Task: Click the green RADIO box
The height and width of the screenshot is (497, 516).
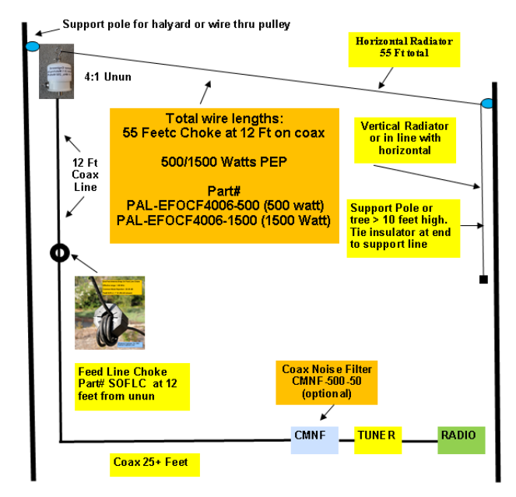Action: click(x=461, y=440)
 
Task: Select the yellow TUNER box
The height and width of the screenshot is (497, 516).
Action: click(x=378, y=440)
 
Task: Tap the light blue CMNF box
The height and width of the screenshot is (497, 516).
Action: click(x=314, y=440)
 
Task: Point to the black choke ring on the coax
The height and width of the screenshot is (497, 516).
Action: click(x=60, y=253)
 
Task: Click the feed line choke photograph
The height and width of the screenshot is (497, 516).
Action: click(x=109, y=312)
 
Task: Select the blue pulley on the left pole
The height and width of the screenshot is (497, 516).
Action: click(x=32, y=48)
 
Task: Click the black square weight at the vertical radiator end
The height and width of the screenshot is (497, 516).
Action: click(x=483, y=279)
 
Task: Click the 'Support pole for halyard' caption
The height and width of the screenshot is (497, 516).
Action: click(x=176, y=24)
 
